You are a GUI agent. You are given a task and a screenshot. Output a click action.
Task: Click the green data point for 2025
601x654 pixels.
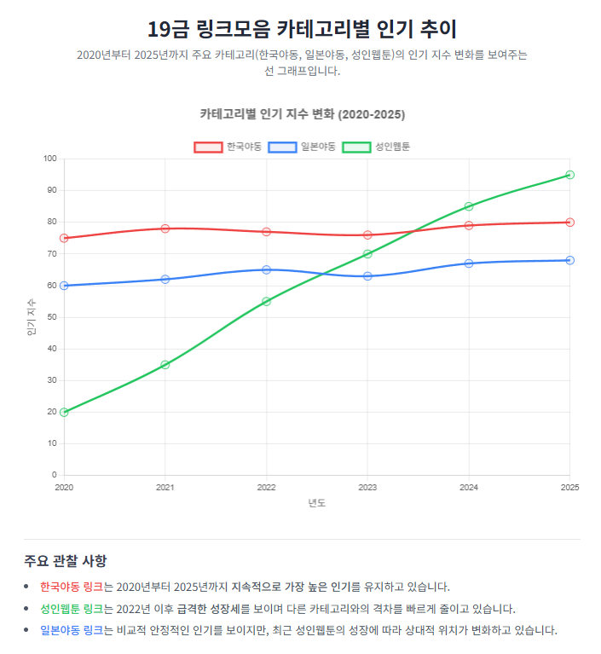[x=569, y=175]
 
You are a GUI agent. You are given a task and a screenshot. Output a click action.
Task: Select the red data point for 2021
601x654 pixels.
[x=165, y=229]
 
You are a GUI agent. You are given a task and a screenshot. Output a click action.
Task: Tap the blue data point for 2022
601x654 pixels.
[x=266, y=269]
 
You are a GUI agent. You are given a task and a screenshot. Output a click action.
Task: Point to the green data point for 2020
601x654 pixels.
[x=64, y=412]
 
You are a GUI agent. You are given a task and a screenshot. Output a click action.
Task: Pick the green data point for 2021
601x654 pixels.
[x=165, y=365]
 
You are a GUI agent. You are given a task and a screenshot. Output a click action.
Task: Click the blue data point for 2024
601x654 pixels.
[x=469, y=263]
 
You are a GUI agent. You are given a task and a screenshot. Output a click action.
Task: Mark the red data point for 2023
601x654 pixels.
[x=367, y=234]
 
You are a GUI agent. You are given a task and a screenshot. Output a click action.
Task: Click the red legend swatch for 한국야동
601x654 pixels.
[x=208, y=147]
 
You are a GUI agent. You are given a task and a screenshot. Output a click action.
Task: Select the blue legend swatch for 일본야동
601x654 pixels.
[x=282, y=147]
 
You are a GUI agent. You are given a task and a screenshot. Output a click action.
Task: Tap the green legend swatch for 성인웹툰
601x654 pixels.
[x=356, y=147]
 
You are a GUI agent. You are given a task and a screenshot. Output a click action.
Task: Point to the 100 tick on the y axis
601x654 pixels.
[x=49, y=159]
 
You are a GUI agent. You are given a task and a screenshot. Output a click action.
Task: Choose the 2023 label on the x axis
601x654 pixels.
[x=367, y=487]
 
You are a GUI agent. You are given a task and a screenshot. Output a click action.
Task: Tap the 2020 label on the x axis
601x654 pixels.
[x=64, y=487]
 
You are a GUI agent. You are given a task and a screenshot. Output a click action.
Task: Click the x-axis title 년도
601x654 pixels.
[x=317, y=502]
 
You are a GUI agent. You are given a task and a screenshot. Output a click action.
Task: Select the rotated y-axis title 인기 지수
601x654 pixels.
[x=32, y=316]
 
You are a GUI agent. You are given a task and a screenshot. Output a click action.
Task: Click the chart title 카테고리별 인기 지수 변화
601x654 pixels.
[x=303, y=114]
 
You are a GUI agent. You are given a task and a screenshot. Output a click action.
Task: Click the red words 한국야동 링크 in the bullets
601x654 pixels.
[x=72, y=587]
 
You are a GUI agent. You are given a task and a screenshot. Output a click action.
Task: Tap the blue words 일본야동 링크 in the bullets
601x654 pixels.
[x=72, y=631]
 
